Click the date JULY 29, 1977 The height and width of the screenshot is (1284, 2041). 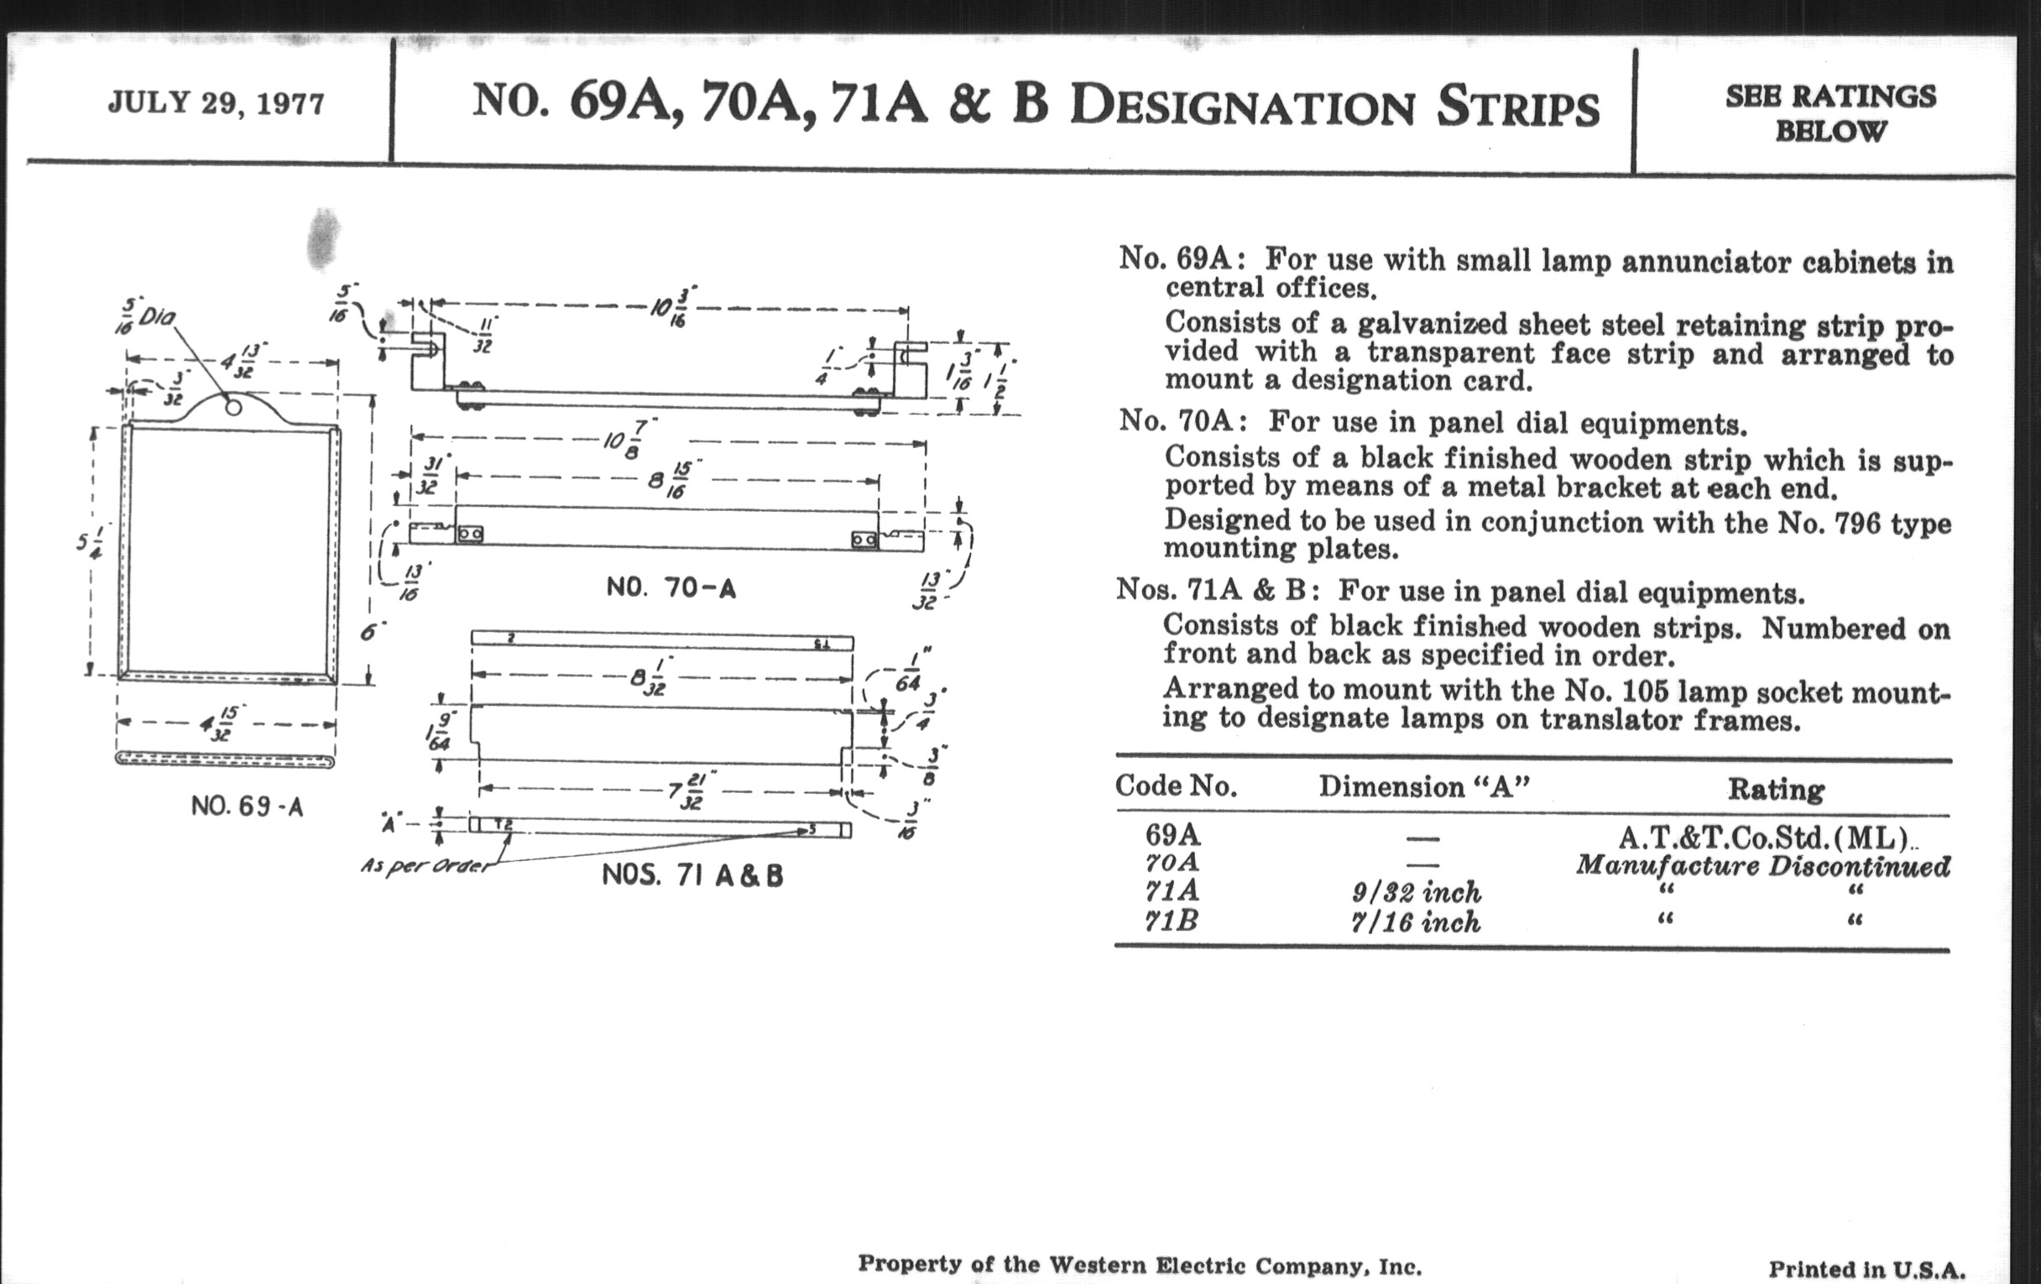tap(217, 103)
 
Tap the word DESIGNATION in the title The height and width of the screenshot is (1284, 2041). tap(1243, 107)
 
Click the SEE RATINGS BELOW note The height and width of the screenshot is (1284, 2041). tap(1830, 113)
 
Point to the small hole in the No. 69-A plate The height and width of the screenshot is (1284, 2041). tap(233, 408)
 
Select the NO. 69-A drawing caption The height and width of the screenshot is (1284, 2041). tap(247, 805)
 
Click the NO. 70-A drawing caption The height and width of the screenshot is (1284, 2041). tap(671, 587)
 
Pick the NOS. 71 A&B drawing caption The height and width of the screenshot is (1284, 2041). tap(692, 874)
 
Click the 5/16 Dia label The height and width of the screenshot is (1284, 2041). tap(147, 318)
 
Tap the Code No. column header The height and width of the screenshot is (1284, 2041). tap(1176, 786)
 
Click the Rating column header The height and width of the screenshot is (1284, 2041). tap(1775, 789)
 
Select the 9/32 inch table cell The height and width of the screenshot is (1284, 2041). tap(1417, 891)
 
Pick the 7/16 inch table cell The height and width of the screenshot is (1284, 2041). tap(1416, 921)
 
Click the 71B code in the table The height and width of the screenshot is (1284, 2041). tap(1172, 921)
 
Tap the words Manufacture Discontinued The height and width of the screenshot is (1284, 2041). tap(1762, 865)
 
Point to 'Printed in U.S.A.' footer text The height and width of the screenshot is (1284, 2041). tap(1866, 1269)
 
